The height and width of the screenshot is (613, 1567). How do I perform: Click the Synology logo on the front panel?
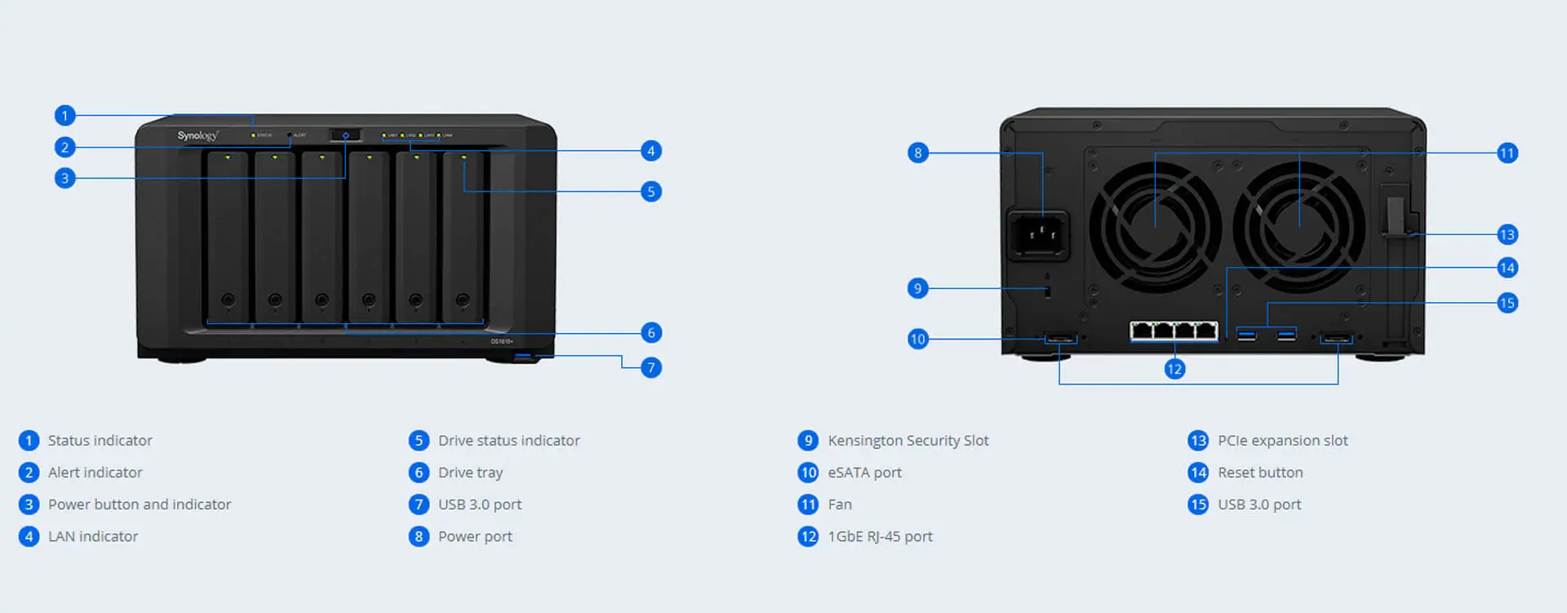coord(198,135)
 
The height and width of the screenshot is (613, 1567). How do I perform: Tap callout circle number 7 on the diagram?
coord(650,367)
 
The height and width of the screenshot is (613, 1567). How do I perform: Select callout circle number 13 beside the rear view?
coord(1507,235)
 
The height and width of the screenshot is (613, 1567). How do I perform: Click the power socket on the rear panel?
coord(1038,234)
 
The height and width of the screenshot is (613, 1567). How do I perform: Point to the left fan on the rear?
coord(1155,226)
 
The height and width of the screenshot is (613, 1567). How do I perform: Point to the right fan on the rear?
coord(1298,226)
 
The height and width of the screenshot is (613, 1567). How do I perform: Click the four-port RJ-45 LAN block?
coord(1174,331)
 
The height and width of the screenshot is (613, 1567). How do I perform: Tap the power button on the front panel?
coord(345,135)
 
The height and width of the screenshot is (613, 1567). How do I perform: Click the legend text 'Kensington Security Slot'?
coord(908,441)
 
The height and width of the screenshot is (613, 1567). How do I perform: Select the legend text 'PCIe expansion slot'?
coord(1282,441)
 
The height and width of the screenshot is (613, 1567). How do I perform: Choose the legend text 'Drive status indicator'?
coord(508,441)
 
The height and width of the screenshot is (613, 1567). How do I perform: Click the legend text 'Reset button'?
coord(1260,473)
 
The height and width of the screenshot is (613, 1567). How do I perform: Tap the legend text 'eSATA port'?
coord(864,473)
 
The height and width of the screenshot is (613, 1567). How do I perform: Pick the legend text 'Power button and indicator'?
coord(140,504)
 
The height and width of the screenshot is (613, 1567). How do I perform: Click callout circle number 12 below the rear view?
coord(1174,369)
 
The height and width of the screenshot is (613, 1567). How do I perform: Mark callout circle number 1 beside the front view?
coord(64,115)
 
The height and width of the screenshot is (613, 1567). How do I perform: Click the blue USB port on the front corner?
coord(523,357)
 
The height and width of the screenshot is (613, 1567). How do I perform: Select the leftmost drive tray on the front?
coord(228,237)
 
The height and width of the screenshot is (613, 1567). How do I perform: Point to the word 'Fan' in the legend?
coord(840,504)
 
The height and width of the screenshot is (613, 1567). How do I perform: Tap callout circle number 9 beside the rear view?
coord(917,288)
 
